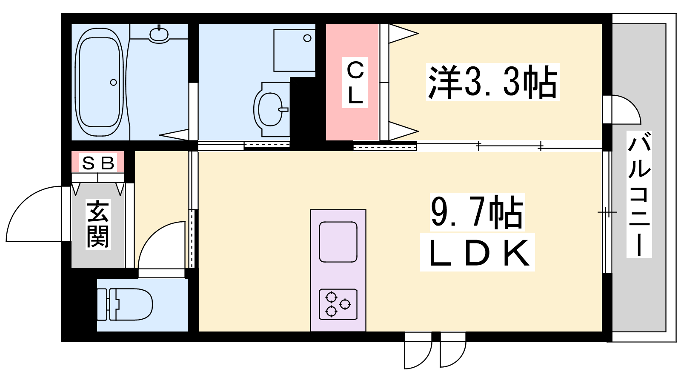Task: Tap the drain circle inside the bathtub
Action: click(113, 83)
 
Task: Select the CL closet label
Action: click(355, 83)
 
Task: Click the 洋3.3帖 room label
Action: click(492, 82)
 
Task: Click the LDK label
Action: click(477, 252)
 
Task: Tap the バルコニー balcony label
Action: click(639, 194)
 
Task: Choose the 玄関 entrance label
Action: click(98, 224)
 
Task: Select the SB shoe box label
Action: click(98, 163)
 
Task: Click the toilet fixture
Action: click(125, 305)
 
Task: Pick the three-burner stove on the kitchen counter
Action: click(338, 304)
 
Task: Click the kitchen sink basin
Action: click(338, 242)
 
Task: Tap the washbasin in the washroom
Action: click(271, 109)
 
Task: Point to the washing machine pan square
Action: click(294, 51)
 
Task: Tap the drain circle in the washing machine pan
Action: click(307, 38)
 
